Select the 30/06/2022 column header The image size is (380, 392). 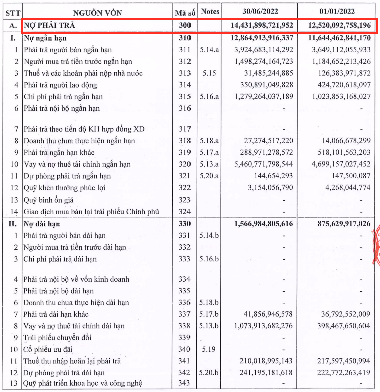259,11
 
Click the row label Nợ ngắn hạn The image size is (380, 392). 45,38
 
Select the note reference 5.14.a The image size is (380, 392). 209,50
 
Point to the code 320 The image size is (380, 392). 184,164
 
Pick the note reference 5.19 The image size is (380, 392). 207,349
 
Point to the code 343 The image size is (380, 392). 184,384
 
